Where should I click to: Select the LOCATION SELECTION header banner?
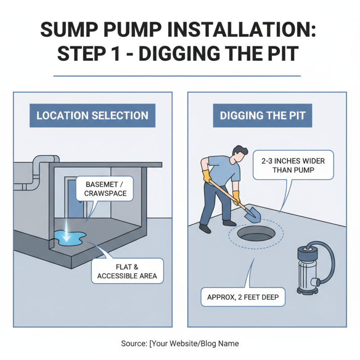[x=92, y=115]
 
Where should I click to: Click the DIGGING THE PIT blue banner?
[x=262, y=115]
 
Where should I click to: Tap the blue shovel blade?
[x=253, y=216]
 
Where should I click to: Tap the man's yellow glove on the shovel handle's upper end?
[x=207, y=176]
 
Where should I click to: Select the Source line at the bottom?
[x=180, y=343]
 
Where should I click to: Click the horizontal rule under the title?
[x=177, y=76]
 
